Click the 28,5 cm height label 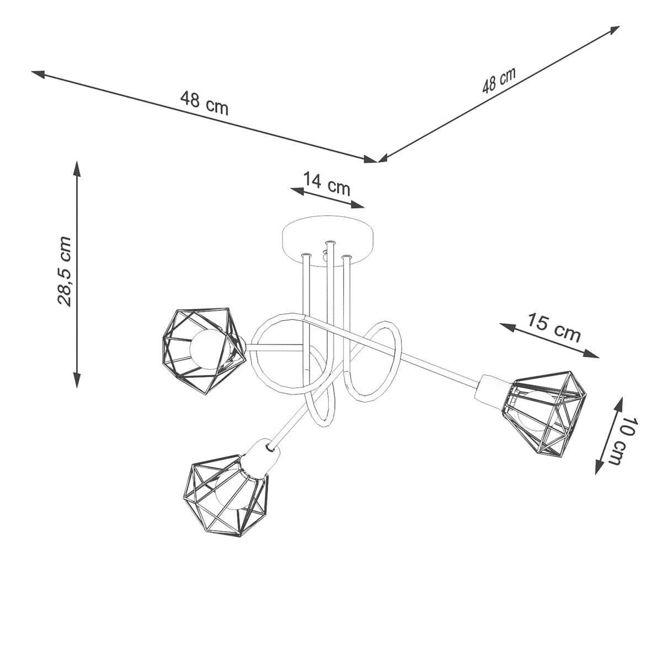[65, 271]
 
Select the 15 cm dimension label [553, 328]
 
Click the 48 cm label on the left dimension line [204, 103]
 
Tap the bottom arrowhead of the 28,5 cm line [77, 384]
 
